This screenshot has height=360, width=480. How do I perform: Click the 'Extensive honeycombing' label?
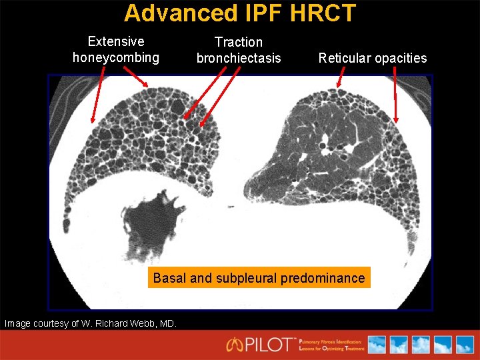[116, 49]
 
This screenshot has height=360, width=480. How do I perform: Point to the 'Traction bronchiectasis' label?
[239, 50]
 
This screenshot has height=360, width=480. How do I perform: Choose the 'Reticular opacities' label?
[373, 58]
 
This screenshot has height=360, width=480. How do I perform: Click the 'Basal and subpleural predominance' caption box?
[259, 277]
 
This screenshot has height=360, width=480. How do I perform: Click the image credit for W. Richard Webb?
[91, 324]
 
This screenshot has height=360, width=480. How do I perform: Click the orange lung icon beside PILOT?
[235, 345]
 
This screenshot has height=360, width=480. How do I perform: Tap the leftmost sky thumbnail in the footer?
[377, 345]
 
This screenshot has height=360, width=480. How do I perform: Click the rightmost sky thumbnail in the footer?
[463, 345]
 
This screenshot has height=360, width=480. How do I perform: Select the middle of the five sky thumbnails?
[420, 345]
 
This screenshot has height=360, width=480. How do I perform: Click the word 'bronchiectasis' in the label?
[239, 58]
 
